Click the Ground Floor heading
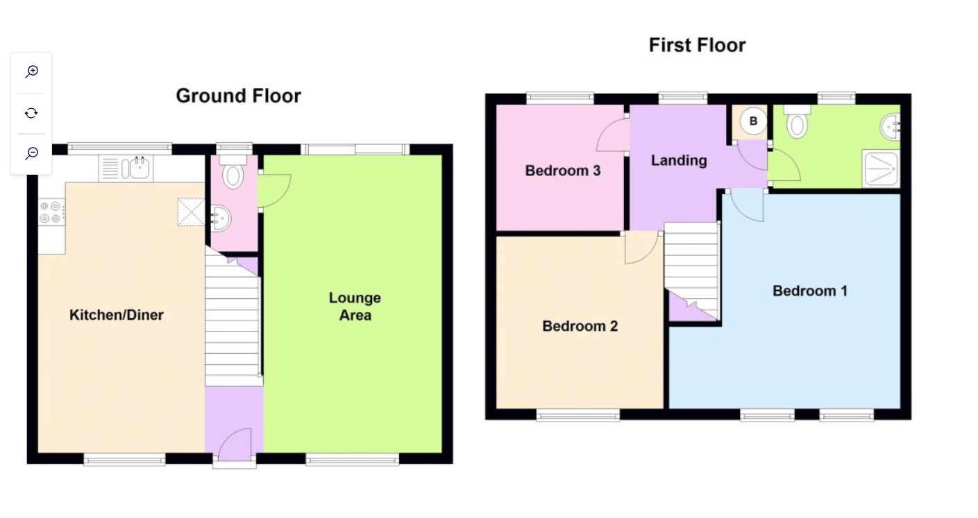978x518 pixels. point(238,96)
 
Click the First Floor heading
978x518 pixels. point(698,45)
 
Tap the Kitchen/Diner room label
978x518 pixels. point(117,315)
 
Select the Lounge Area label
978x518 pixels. point(355,306)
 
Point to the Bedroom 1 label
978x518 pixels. point(810,291)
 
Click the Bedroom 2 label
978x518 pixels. point(580,326)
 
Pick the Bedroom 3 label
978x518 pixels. point(563,171)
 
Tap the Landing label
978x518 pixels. point(679,160)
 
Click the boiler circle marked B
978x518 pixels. point(753,121)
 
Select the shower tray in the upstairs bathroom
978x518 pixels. point(881,169)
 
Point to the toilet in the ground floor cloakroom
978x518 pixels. point(233,172)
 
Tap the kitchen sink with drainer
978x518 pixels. point(126,169)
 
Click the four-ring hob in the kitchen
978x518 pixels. point(51,212)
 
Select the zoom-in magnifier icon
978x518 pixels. point(31,71)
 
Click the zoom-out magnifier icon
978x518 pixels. point(31,153)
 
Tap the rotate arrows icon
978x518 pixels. point(31,113)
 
